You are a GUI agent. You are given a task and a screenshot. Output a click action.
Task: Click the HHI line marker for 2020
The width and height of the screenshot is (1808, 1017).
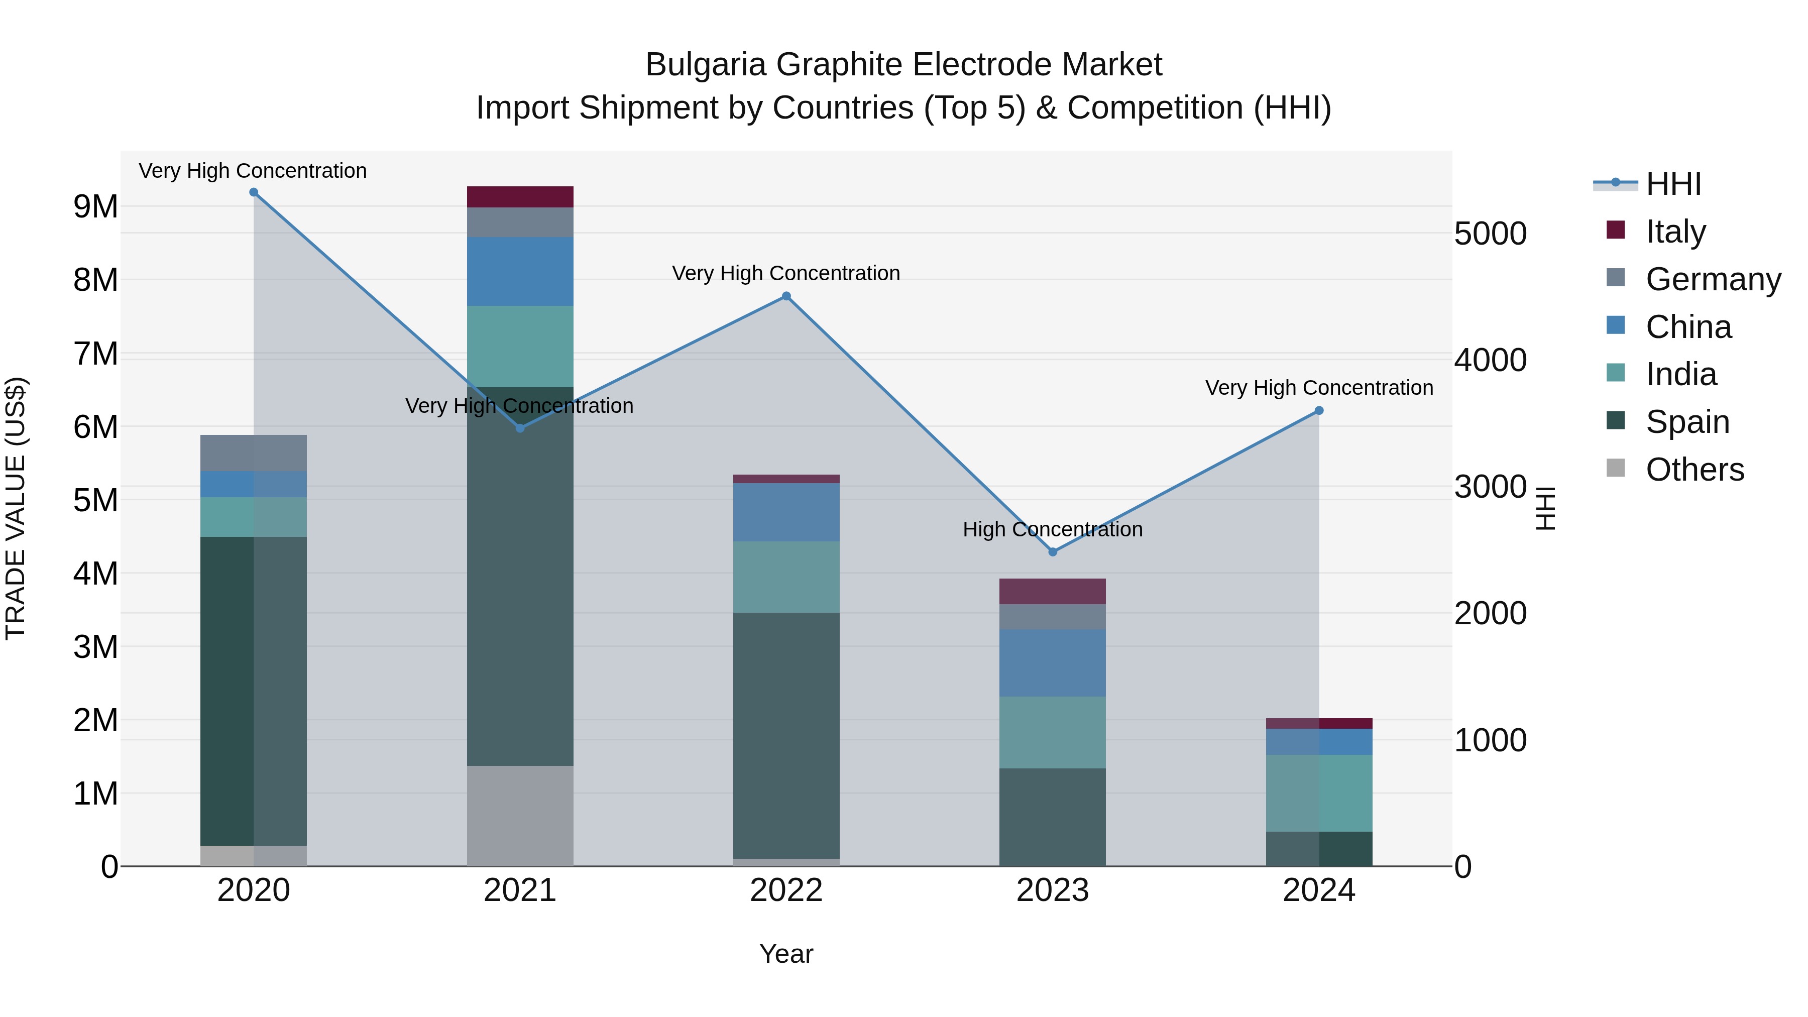[x=254, y=192]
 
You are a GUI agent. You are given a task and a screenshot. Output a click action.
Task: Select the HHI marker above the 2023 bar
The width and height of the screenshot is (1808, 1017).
[x=1052, y=552]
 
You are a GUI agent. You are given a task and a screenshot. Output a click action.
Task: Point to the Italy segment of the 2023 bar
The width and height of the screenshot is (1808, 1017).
[x=1052, y=591]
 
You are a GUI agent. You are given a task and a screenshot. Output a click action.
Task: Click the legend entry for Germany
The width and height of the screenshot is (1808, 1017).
[x=1713, y=279]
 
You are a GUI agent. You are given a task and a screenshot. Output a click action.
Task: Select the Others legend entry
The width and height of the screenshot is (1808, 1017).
[x=1694, y=470]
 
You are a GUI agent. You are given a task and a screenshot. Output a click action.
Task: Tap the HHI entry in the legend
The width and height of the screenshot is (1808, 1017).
[x=1673, y=184]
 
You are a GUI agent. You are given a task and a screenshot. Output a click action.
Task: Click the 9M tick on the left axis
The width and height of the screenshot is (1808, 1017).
[x=95, y=207]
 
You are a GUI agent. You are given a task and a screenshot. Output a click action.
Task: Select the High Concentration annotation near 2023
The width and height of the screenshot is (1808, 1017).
[x=1052, y=529]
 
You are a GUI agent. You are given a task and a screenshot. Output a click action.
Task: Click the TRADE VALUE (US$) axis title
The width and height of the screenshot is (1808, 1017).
[x=16, y=508]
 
